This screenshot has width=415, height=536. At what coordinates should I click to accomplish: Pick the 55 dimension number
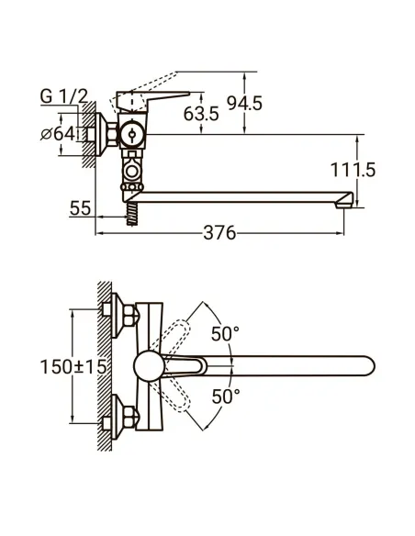pyautogui.click(x=80, y=208)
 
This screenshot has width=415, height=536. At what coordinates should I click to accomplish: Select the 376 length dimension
pyautogui.click(x=219, y=233)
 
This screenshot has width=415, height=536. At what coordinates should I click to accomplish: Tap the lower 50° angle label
pyautogui.click(x=225, y=396)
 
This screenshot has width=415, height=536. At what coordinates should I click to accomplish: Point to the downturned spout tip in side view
pyautogui.click(x=345, y=203)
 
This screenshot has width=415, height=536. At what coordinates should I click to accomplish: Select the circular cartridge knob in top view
pyautogui.click(x=147, y=367)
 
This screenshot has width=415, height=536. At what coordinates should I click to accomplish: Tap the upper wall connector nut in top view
pyautogui.click(x=115, y=313)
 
